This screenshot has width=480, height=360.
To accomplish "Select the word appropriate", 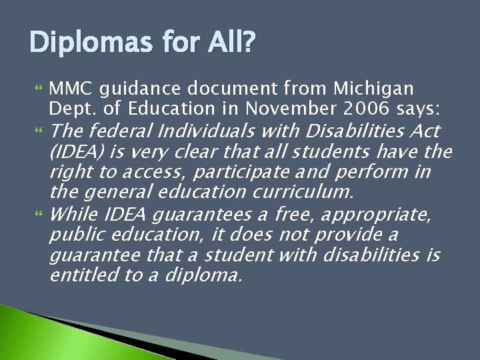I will pyautogui.click(x=380, y=215).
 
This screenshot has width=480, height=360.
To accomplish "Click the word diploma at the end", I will pyautogui.click(x=202, y=276).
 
